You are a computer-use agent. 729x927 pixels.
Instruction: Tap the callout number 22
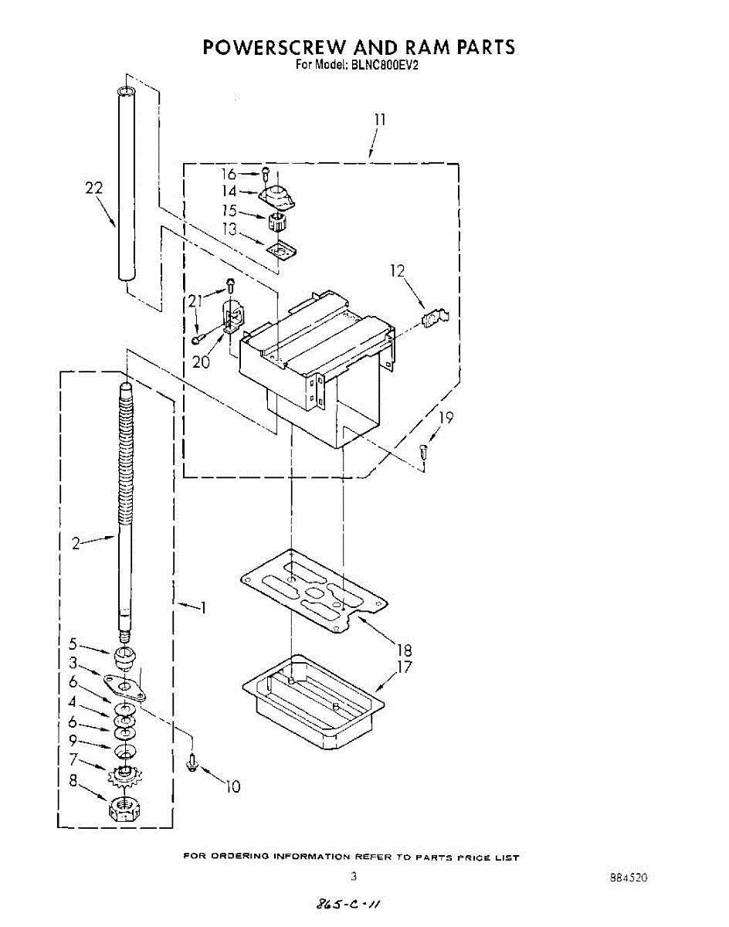coord(94,188)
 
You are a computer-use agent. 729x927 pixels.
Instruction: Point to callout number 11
coord(379,120)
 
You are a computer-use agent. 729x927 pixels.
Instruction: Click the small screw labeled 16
coord(266,174)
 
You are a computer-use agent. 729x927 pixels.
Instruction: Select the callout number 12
coord(397,270)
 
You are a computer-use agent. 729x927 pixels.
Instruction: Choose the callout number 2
coord(76,543)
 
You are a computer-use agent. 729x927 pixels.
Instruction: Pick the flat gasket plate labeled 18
coord(313,592)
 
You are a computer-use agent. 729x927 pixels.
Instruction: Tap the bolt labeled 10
coord(193,762)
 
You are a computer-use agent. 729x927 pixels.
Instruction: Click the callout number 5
coord(73,643)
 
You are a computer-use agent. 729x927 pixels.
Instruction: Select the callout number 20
coord(202,362)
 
